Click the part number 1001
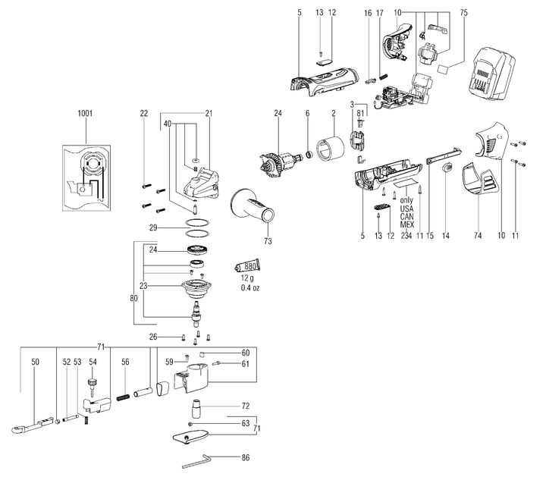85,113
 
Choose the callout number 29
153,228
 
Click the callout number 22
144,113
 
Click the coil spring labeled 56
123,396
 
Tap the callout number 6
308,113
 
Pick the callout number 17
380,14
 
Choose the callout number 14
446,236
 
